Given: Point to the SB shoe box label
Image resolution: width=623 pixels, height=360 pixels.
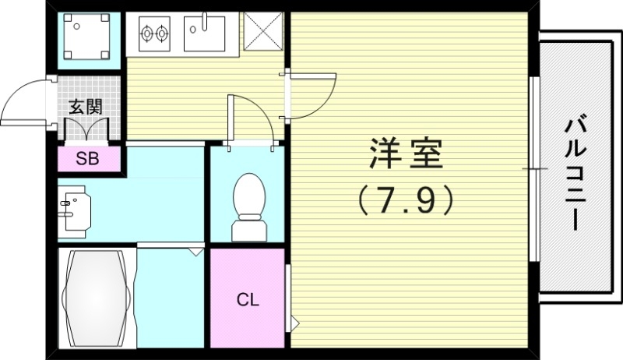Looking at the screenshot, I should (87, 159).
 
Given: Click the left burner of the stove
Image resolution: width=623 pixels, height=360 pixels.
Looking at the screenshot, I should (146, 34).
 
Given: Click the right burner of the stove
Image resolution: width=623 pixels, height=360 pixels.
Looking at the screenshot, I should (162, 34).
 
